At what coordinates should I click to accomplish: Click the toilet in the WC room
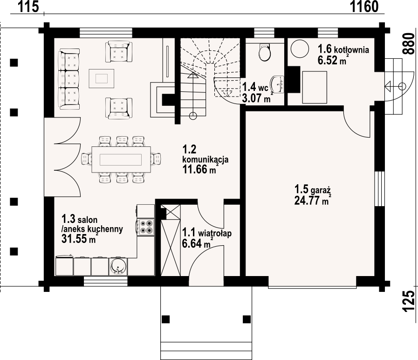tap(265, 51)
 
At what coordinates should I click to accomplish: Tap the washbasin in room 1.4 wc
tap(278, 84)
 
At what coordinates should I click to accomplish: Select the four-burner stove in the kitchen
tap(146, 227)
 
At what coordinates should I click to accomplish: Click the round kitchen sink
tap(118, 267)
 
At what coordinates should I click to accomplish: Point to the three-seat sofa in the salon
tap(69, 79)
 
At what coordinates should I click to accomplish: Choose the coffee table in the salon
tap(102, 78)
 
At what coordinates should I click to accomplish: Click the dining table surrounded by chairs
tap(121, 159)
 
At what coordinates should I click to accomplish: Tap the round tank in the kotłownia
tap(300, 49)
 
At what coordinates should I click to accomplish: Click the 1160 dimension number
tap(364, 7)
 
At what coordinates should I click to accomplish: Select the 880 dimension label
tap(410, 44)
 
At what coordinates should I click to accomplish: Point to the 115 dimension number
tap(28, 7)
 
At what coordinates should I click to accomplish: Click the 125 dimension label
tap(410, 301)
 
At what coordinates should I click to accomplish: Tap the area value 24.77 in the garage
tap(308, 201)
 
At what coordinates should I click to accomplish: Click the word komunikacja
tap(205, 159)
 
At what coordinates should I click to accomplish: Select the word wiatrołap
tap(215, 233)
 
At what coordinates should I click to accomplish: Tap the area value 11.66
tap(195, 169)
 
